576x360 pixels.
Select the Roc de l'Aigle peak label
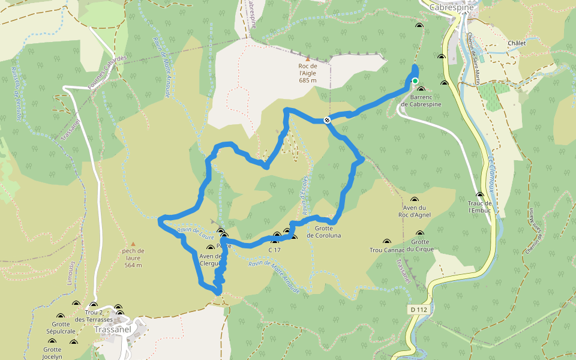(307, 73)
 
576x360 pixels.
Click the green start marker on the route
(415, 81)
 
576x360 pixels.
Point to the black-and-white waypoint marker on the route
(327, 120)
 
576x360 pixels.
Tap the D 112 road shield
(419, 310)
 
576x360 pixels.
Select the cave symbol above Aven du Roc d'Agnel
(414, 200)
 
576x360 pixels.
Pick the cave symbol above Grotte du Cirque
(419, 234)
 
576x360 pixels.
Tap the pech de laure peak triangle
(133, 243)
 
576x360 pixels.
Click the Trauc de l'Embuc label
(480, 206)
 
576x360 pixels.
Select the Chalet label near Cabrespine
(516, 43)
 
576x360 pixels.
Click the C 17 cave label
(274, 250)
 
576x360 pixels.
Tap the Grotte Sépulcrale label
(59, 327)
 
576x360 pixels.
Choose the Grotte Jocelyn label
(52, 353)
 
